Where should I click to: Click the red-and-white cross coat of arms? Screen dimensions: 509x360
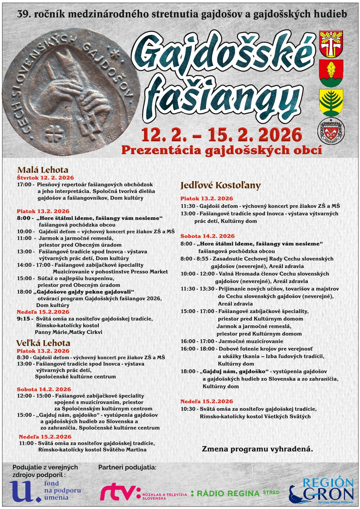click(x=331, y=44)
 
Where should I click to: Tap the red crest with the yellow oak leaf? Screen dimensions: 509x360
click(x=331, y=73)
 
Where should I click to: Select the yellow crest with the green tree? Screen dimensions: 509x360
click(x=331, y=102)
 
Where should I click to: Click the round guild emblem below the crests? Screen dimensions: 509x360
click(x=331, y=131)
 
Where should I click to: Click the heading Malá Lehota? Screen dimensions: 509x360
click(x=43, y=170)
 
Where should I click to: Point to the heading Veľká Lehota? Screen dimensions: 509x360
click(x=43, y=343)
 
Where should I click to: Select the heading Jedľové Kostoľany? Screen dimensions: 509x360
click(x=221, y=185)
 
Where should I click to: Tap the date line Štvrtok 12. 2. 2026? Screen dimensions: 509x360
click(x=45, y=178)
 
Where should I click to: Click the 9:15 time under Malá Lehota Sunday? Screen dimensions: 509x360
click(x=23, y=319)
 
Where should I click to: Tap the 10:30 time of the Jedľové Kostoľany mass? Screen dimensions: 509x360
click(x=188, y=409)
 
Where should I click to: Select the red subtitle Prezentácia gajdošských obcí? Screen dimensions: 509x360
click(x=221, y=150)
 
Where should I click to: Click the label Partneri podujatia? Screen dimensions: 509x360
click(x=127, y=467)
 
